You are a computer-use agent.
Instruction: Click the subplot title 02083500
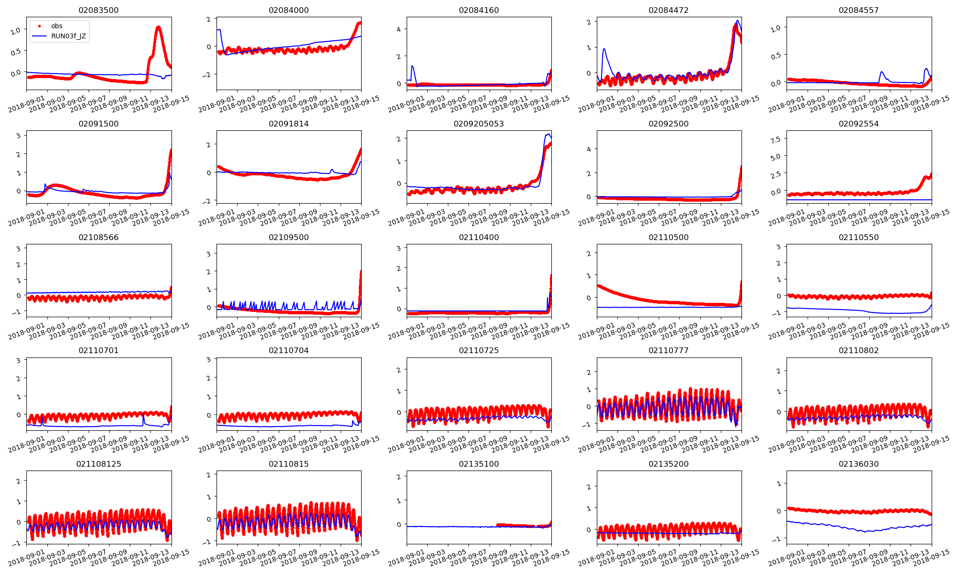[99, 10]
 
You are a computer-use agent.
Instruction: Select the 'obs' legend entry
[57, 26]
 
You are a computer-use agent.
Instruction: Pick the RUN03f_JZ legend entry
[68, 36]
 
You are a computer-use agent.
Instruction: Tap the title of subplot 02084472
[669, 10]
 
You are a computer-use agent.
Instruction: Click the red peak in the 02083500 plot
[158, 27]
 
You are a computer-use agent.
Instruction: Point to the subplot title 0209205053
[479, 124]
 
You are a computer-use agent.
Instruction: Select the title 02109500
[288, 237]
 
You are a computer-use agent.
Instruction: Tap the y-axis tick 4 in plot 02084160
[399, 29]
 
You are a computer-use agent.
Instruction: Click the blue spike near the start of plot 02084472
[604, 49]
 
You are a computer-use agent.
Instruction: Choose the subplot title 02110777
[669, 350]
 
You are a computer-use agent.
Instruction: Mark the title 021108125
[99, 464]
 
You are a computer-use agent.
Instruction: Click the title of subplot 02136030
[858, 464]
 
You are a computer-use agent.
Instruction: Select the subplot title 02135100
[479, 464]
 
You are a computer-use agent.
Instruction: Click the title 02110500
[669, 237]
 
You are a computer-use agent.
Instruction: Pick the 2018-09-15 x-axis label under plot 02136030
[932, 559]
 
